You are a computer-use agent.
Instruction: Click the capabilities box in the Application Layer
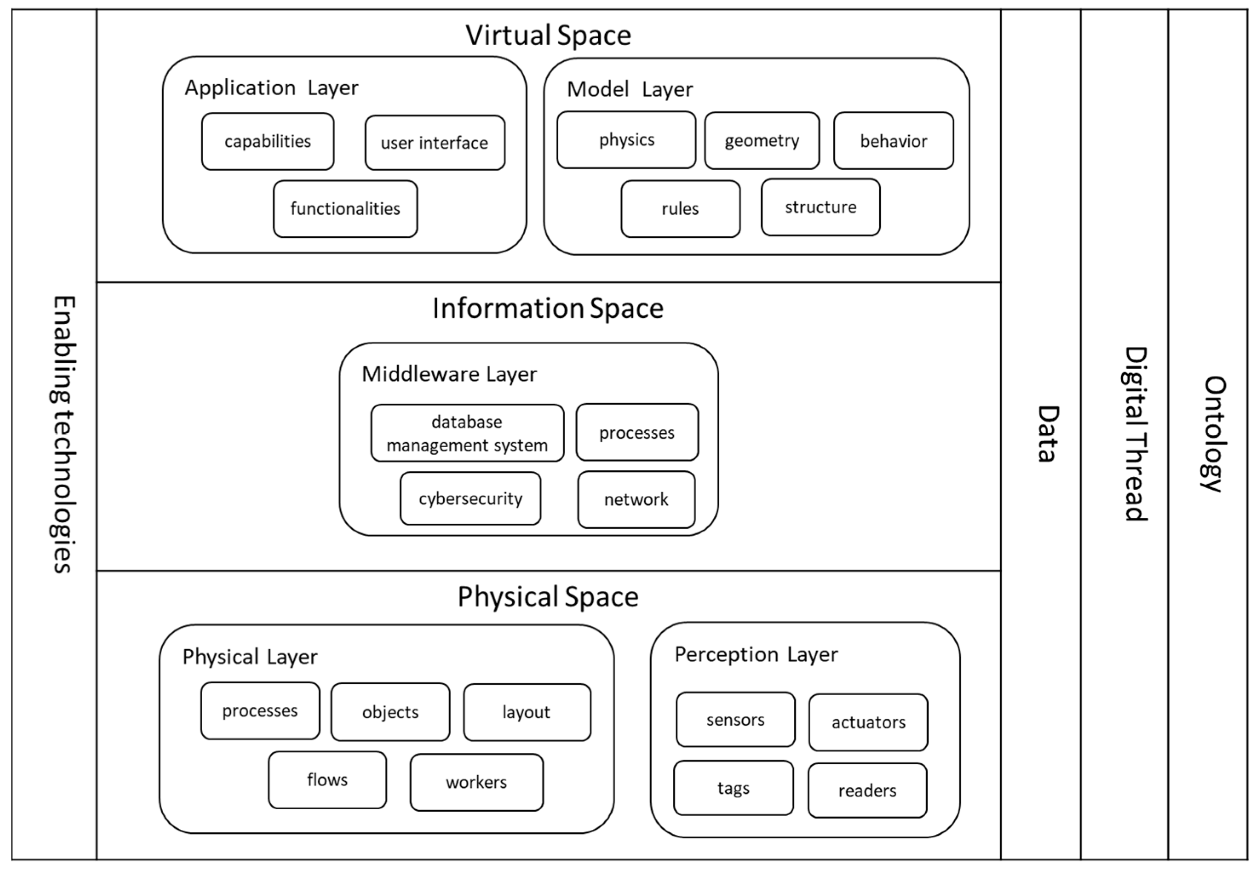[x=267, y=141]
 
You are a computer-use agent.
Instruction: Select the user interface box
[x=435, y=143]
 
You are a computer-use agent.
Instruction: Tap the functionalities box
[x=345, y=209]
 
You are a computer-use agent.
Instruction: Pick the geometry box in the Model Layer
[x=762, y=141]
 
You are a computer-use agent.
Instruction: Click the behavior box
[x=893, y=141]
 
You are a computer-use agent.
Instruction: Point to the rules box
[x=680, y=209]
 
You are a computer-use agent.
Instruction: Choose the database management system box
[x=467, y=433]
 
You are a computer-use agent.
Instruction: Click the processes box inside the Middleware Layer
[x=637, y=433]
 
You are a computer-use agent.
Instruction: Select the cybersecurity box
[x=470, y=499]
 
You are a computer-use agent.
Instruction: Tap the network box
[x=636, y=500]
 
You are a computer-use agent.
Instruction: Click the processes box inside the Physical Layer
[x=260, y=711]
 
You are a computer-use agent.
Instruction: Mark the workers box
[x=476, y=782]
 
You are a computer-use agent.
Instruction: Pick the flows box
[x=327, y=780]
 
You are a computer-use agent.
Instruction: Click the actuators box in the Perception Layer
[x=868, y=723]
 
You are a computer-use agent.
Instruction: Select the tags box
[x=734, y=788]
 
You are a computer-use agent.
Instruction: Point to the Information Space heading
[x=548, y=308]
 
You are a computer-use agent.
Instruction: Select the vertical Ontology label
[x=1215, y=434]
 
